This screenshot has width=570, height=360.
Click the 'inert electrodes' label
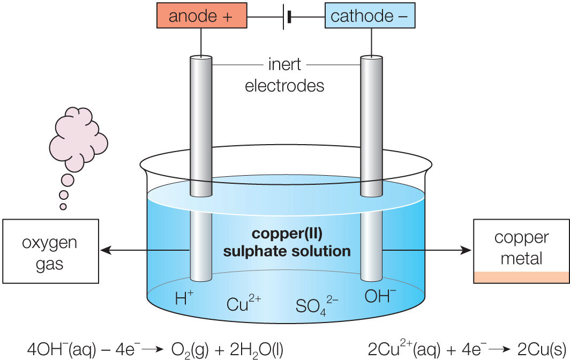(284, 76)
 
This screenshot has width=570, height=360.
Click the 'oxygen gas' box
(50, 251)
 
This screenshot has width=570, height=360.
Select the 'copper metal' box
(521, 251)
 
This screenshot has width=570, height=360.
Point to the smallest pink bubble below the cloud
(63, 206)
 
